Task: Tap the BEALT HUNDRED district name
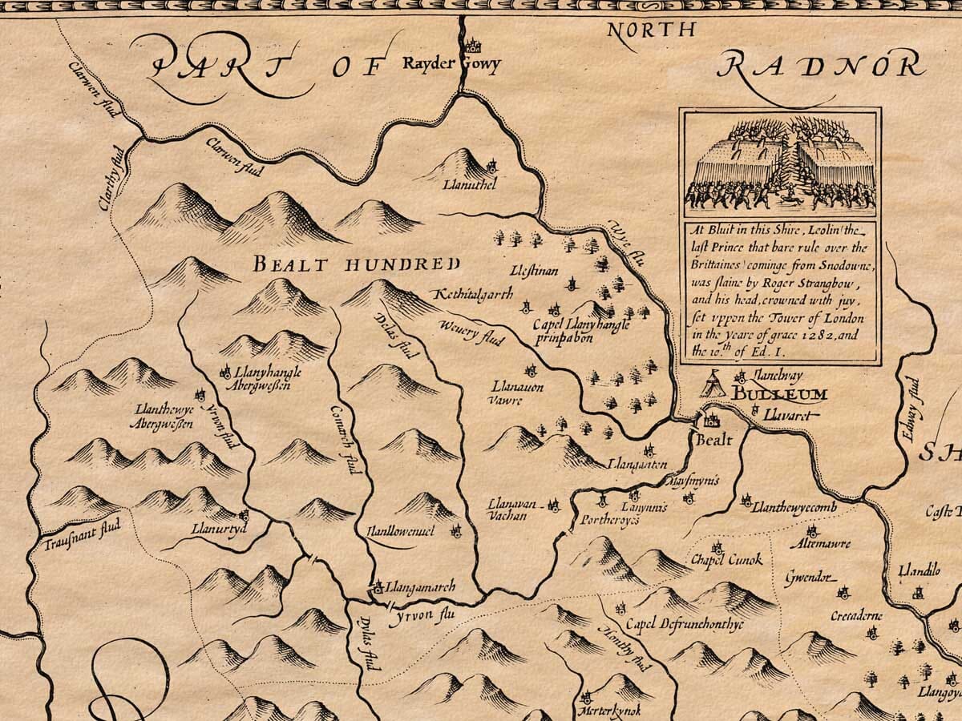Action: click(x=357, y=264)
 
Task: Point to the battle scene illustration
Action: click(x=781, y=163)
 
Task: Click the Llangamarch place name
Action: click(x=420, y=587)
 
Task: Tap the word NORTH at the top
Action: click(x=651, y=31)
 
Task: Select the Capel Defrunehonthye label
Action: click(x=685, y=625)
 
